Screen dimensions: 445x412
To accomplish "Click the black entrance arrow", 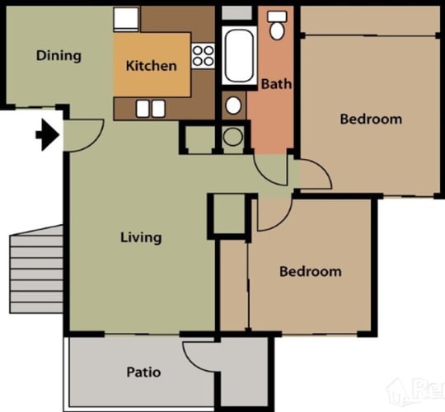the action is coord(48,135).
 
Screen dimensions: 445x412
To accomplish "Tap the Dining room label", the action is coord(59,55).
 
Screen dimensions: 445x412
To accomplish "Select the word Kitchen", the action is coord(152,66).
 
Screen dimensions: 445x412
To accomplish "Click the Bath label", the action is coord(276,84).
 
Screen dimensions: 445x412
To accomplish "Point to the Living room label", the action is coord(141,237).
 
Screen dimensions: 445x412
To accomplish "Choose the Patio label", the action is coord(143,372).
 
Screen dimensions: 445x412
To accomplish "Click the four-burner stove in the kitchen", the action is coord(203,56).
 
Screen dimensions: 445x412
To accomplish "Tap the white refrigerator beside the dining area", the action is coord(126,19).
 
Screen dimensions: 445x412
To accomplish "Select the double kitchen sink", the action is coord(151,109).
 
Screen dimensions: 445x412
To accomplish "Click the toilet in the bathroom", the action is coord(277,26).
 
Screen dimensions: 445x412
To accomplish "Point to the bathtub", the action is coord(239,55).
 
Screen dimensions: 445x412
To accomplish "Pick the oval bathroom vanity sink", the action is coord(233,105).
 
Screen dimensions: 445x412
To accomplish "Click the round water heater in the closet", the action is coord(233,137).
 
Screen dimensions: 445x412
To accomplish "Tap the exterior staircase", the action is coord(36,269).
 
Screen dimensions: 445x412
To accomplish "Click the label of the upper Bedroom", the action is coord(371,119).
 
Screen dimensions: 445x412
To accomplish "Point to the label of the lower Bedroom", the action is coord(311,272).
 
